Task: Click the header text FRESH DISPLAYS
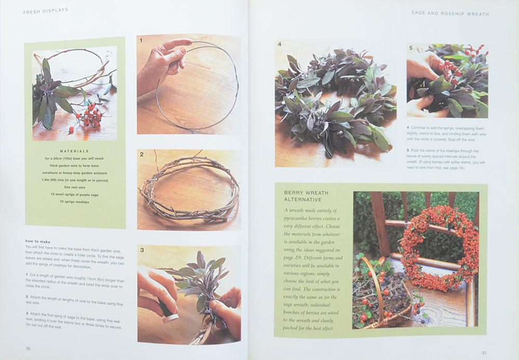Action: point(46,10)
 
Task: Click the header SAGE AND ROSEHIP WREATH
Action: point(449,14)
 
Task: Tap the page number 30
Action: point(28,349)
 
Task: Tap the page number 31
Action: point(484,353)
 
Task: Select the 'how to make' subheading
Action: point(37,241)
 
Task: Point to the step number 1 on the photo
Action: point(141,40)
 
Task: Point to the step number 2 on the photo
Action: point(142,154)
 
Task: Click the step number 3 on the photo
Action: point(142,250)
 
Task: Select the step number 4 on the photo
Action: point(279,44)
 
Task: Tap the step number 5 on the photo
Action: point(411,48)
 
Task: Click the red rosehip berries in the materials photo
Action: point(90,114)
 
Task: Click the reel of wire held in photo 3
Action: point(168,312)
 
